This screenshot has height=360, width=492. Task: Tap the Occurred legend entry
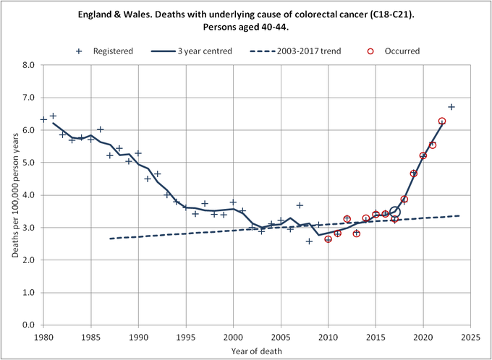coord(402,51)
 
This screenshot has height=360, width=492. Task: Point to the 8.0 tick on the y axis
coord(30,65)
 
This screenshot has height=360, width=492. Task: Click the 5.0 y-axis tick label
coord(30,163)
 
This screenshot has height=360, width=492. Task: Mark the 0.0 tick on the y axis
coord(30,325)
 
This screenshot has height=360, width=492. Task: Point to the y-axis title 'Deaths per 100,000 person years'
coord(12,195)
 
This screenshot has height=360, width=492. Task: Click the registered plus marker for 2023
coord(451,107)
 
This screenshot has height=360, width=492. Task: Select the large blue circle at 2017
coord(394,212)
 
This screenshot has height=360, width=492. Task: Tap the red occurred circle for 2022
coord(442,121)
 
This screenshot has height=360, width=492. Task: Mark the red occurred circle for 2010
coord(328,239)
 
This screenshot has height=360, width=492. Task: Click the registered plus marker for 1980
coord(43,119)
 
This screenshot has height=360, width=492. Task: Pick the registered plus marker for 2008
coord(309,241)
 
